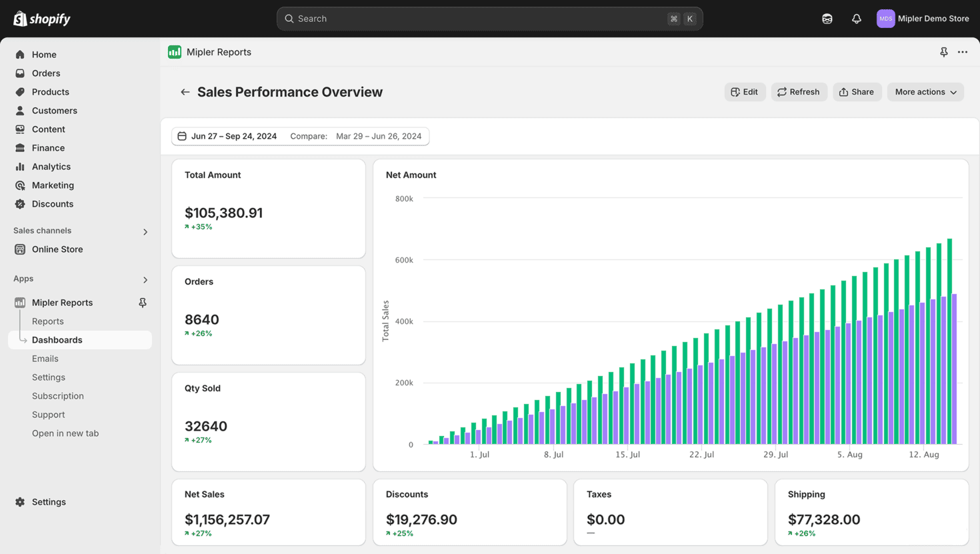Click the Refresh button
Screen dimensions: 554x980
799,92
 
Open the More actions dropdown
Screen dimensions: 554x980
925,92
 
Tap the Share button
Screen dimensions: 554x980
857,92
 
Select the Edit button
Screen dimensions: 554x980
745,92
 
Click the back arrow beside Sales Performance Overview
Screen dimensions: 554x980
185,92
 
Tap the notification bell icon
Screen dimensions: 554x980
856,19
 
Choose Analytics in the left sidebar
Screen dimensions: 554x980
51,167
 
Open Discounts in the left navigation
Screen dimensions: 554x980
52,204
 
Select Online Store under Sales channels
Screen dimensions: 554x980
57,249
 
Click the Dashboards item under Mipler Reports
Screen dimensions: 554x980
57,340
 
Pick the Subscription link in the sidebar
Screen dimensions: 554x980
58,396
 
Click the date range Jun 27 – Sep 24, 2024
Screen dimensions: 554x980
233,136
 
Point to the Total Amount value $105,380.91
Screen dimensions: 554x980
223,213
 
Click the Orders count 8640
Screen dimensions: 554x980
202,320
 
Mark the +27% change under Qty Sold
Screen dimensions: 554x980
199,440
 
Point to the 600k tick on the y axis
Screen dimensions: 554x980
404,260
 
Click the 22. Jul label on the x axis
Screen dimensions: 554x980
701,455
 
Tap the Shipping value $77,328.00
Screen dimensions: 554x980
823,519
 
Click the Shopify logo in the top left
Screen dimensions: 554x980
42,19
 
